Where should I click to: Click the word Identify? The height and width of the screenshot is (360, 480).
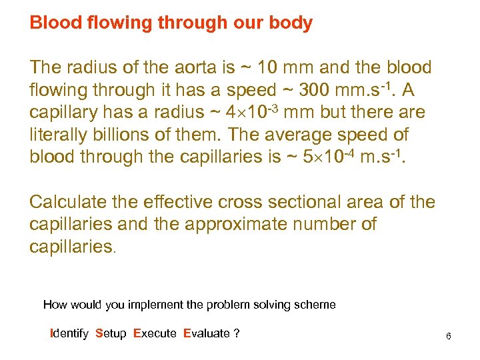tap(69, 333)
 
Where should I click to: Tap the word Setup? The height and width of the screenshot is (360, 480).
tap(111, 333)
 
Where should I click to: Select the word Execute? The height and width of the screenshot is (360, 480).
tap(155, 333)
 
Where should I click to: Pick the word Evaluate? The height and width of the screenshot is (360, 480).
tap(206, 333)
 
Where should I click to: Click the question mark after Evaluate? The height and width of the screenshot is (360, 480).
tap(237, 333)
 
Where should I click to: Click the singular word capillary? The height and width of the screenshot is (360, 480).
tap(63, 113)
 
